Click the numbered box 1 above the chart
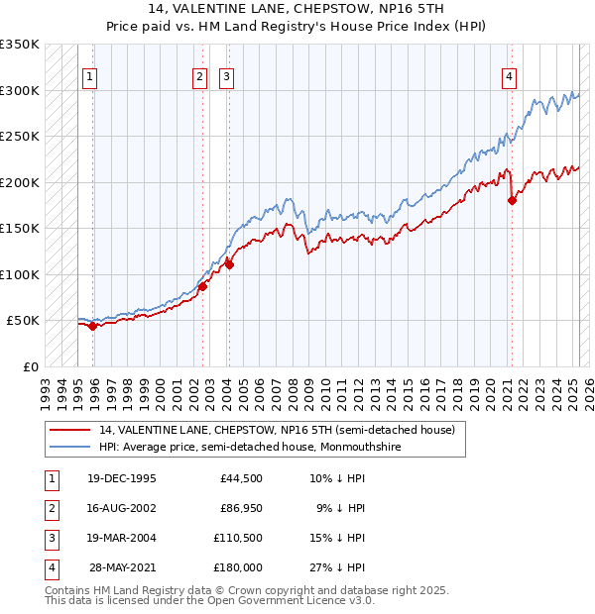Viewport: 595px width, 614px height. click(90, 76)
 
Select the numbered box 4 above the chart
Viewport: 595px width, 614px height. click(509, 76)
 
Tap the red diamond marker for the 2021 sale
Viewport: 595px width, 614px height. click(513, 201)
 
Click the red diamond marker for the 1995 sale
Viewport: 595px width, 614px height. click(92, 326)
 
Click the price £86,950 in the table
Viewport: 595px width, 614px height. click(241, 508)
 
